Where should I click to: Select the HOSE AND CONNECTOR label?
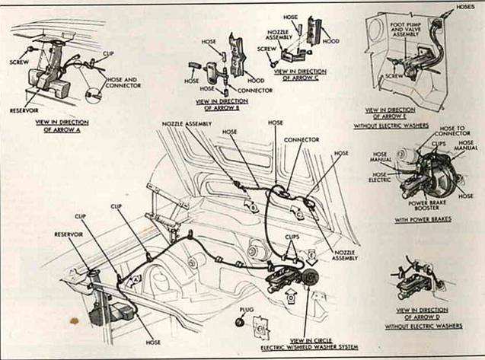click(x=121, y=83)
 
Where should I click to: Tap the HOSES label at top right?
click(x=464, y=6)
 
